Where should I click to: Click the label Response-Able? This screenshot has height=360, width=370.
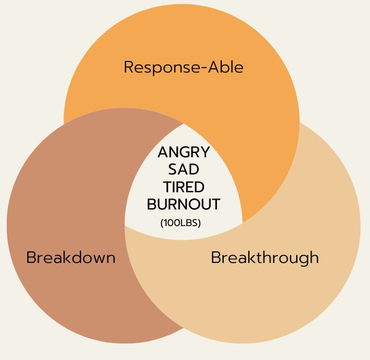183,67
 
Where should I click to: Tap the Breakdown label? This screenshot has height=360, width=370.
71,257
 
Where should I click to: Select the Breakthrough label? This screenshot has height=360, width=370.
264,257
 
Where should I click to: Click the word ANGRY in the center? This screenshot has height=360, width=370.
184,152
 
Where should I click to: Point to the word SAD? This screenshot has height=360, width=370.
184,170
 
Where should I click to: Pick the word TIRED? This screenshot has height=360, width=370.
184,187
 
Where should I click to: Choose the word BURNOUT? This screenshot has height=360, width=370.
184,204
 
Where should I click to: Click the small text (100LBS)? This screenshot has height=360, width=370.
181,223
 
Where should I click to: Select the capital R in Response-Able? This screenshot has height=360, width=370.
129,67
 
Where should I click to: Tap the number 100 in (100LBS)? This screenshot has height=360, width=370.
171,223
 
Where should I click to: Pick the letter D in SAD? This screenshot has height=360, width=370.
195,170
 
